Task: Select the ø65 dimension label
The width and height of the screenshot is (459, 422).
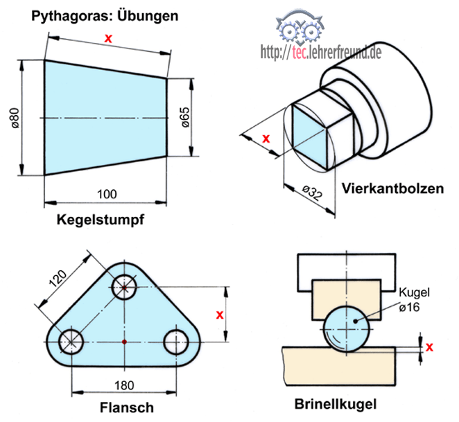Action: click(x=186, y=118)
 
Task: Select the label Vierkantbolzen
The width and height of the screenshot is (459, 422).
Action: click(x=393, y=188)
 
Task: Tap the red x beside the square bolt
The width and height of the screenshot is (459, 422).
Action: click(x=266, y=138)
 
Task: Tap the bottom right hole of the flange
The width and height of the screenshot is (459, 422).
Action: click(x=177, y=340)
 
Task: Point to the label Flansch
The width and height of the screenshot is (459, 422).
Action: click(x=126, y=407)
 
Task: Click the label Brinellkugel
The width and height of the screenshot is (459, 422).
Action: click(x=336, y=403)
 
